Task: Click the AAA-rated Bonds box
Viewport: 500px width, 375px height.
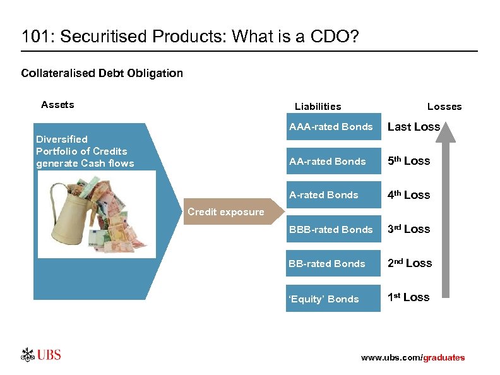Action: click(331, 127)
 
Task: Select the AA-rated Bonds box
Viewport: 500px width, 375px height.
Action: click(331, 161)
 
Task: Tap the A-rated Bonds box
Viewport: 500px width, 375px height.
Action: click(331, 195)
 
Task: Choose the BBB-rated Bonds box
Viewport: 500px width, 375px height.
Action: click(331, 229)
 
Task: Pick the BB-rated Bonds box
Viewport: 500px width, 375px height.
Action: click(331, 263)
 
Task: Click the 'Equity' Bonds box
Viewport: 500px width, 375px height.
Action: click(331, 299)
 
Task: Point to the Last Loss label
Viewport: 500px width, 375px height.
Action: click(413, 127)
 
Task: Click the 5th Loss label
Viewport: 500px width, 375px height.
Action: click(408, 161)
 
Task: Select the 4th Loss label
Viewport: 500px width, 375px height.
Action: click(408, 195)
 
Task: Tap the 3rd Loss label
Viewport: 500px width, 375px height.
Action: click(408, 229)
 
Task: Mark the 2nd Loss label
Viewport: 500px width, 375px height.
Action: click(409, 263)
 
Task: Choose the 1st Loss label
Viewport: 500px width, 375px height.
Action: click(408, 297)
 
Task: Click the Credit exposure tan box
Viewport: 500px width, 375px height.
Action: click(226, 212)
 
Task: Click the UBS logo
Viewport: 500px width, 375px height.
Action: click(41, 354)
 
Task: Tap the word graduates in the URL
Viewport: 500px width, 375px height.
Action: click(444, 358)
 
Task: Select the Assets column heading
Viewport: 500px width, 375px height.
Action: click(57, 105)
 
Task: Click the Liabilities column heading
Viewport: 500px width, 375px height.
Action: click(318, 107)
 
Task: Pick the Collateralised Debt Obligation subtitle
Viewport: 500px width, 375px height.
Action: click(102, 73)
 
